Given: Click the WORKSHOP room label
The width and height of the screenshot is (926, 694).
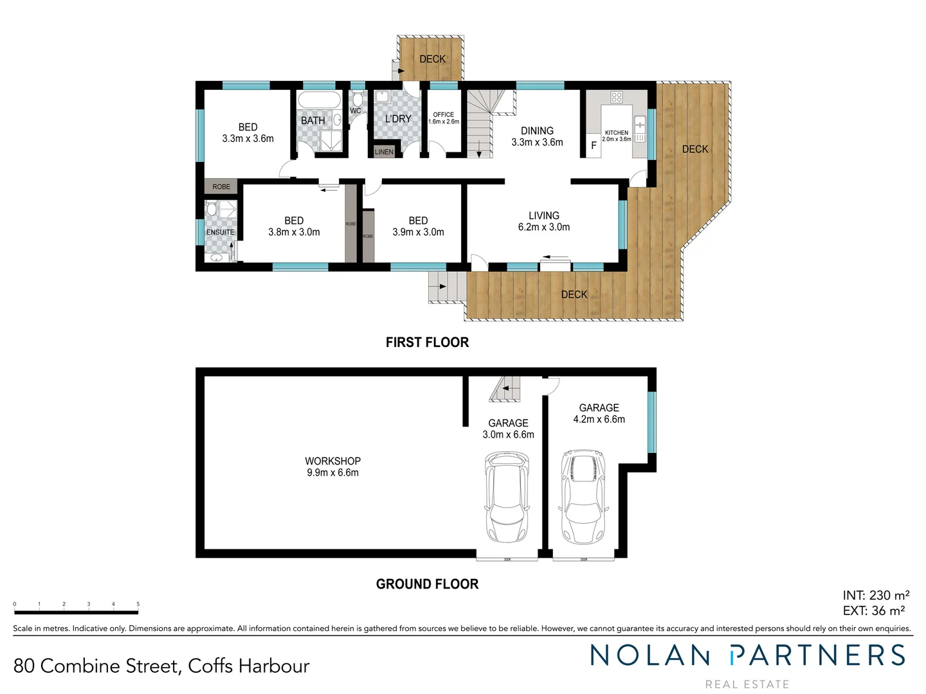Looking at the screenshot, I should click(x=332, y=467).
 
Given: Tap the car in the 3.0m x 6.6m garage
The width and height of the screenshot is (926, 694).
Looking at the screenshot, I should click(x=507, y=497).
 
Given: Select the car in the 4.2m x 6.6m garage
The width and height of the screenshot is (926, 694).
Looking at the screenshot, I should click(x=583, y=496).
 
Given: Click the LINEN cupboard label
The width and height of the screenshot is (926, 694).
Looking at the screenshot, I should click(x=384, y=152).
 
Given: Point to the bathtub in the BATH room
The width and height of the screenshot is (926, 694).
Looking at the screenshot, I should click(x=319, y=102).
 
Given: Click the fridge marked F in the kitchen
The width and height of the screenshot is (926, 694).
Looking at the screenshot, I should click(x=594, y=146).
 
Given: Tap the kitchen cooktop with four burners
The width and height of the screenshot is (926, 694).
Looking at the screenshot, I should click(x=616, y=98).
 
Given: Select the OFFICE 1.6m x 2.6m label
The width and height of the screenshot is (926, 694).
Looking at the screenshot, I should click(x=444, y=118).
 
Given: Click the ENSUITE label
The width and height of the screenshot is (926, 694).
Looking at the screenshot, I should click(x=220, y=233).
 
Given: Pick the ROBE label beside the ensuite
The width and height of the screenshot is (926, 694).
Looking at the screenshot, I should click(x=221, y=187).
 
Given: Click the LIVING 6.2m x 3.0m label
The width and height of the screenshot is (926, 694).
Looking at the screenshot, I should click(x=543, y=221).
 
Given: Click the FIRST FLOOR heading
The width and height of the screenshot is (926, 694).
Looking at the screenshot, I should click(x=427, y=343).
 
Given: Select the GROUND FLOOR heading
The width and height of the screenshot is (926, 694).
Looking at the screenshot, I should click(x=427, y=584).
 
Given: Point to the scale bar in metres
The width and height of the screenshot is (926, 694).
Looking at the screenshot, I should click(x=76, y=605).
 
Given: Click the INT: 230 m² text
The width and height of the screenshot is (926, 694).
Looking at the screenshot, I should click(x=875, y=596).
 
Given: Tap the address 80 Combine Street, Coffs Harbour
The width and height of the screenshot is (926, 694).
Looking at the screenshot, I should click(x=161, y=666).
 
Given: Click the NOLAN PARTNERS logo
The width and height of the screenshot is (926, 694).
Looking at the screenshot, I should click(x=747, y=656).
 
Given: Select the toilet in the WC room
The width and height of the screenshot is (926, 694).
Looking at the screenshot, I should click(x=358, y=100).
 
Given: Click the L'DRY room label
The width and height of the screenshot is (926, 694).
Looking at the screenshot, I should click(x=397, y=119).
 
